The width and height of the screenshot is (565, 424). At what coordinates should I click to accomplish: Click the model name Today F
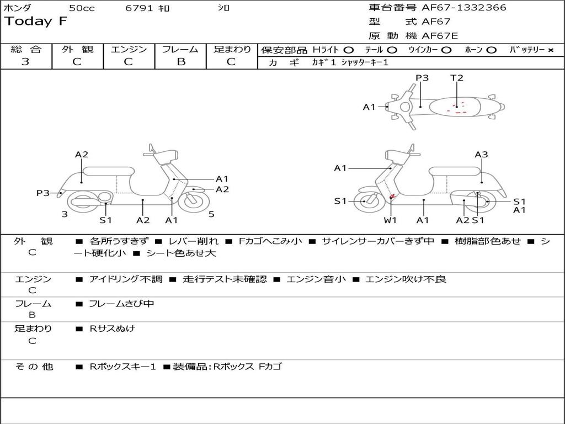click(x=36, y=22)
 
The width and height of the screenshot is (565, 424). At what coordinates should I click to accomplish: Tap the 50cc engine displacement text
click(x=81, y=8)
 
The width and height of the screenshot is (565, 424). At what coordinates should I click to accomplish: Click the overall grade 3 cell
click(x=25, y=62)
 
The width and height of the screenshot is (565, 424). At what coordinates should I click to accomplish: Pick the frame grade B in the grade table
click(x=180, y=62)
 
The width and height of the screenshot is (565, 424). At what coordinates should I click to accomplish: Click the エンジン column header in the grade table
click(x=129, y=49)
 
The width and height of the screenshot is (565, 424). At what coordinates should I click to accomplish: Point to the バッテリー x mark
click(x=550, y=50)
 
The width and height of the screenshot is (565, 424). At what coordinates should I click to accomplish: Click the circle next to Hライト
click(x=349, y=50)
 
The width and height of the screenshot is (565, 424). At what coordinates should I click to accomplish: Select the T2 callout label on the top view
click(x=457, y=78)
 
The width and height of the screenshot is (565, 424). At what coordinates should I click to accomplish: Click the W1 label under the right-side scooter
click(x=390, y=220)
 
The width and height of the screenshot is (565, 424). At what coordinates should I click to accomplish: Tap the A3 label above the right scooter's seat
click(x=481, y=155)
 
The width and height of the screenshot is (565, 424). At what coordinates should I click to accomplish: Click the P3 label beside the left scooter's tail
click(x=43, y=193)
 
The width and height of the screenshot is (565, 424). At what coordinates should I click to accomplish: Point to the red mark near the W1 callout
click(x=392, y=197)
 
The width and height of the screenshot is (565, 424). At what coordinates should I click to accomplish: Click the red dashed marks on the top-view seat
click(x=458, y=109)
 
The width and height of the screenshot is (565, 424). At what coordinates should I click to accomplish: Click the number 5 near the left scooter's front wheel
click(x=211, y=214)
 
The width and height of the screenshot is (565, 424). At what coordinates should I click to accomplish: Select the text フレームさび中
click(x=121, y=304)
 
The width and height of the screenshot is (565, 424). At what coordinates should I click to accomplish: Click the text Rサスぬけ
click(x=112, y=328)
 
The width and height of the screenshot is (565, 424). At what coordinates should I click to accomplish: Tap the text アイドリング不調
click(x=126, y=279)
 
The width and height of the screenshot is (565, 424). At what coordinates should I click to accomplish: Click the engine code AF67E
click(x=440, y=36)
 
